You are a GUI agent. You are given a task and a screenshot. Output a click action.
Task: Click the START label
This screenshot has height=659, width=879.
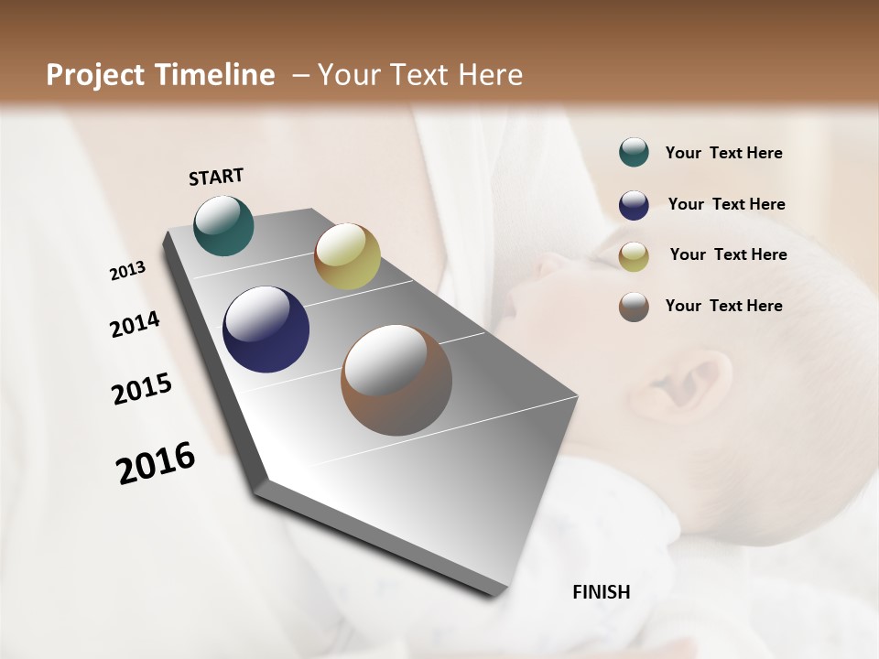[216, 177]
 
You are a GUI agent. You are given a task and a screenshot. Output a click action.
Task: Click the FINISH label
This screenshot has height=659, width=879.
[601, 592]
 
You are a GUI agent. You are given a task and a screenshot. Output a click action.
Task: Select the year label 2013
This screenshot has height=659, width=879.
[127, 271]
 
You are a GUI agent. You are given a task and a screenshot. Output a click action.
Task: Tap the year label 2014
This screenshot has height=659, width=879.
[135, 325]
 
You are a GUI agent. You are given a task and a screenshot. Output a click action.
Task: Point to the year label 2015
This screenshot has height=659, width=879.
[142, 389]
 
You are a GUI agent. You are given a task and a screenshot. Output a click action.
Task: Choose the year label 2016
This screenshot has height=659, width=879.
[156, 462]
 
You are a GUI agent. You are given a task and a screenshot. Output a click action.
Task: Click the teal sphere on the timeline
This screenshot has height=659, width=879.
[223, 225]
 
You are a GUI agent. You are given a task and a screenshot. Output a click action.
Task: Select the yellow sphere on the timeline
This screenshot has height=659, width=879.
[347, 256]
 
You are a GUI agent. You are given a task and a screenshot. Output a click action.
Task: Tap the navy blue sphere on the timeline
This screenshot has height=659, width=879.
[266, 329]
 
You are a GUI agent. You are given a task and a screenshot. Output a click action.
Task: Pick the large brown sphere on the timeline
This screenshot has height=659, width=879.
[396, 380]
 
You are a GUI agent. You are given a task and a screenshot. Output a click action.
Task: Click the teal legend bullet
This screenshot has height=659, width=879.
[634, 153]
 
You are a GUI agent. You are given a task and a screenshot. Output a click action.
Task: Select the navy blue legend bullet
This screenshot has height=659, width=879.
[634, 204]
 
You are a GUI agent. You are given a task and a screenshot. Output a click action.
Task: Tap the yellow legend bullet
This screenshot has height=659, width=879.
[634, 255]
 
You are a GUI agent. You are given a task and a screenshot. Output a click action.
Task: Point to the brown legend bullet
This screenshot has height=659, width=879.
[634, 307]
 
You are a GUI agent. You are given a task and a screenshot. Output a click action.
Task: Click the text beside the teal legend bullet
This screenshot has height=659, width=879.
[723, 153]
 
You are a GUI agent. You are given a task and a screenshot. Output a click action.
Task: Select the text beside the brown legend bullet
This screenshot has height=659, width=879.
[723, 306]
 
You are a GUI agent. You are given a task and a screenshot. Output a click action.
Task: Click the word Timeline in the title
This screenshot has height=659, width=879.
[214, 75]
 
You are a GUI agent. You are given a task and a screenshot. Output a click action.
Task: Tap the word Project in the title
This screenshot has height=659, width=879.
[96, 75]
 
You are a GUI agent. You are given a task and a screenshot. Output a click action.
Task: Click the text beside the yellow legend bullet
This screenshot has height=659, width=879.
[728, 254]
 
